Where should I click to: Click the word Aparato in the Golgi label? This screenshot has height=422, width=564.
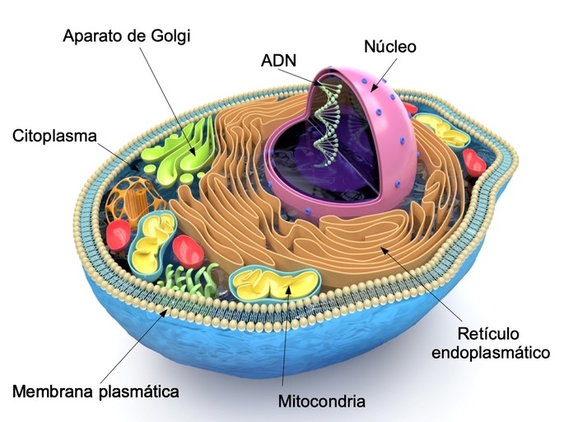pyautogui.click(x=92, y=36)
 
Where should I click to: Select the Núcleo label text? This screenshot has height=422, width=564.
pyautogui.click(x=390, y=47)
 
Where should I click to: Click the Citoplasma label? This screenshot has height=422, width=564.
pyautogui.click(x=56, y=136)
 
